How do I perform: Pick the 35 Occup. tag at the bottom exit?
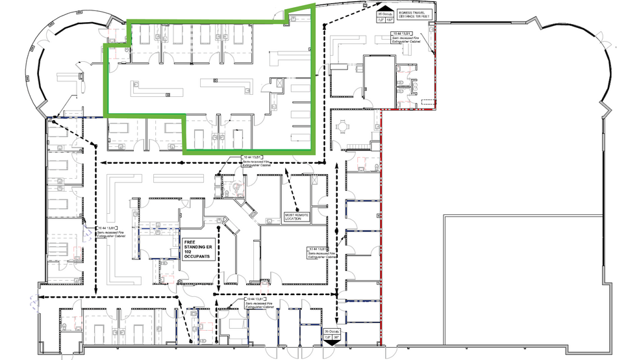click(x=331, y=336)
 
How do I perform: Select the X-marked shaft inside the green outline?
click(x=277, y=84)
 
